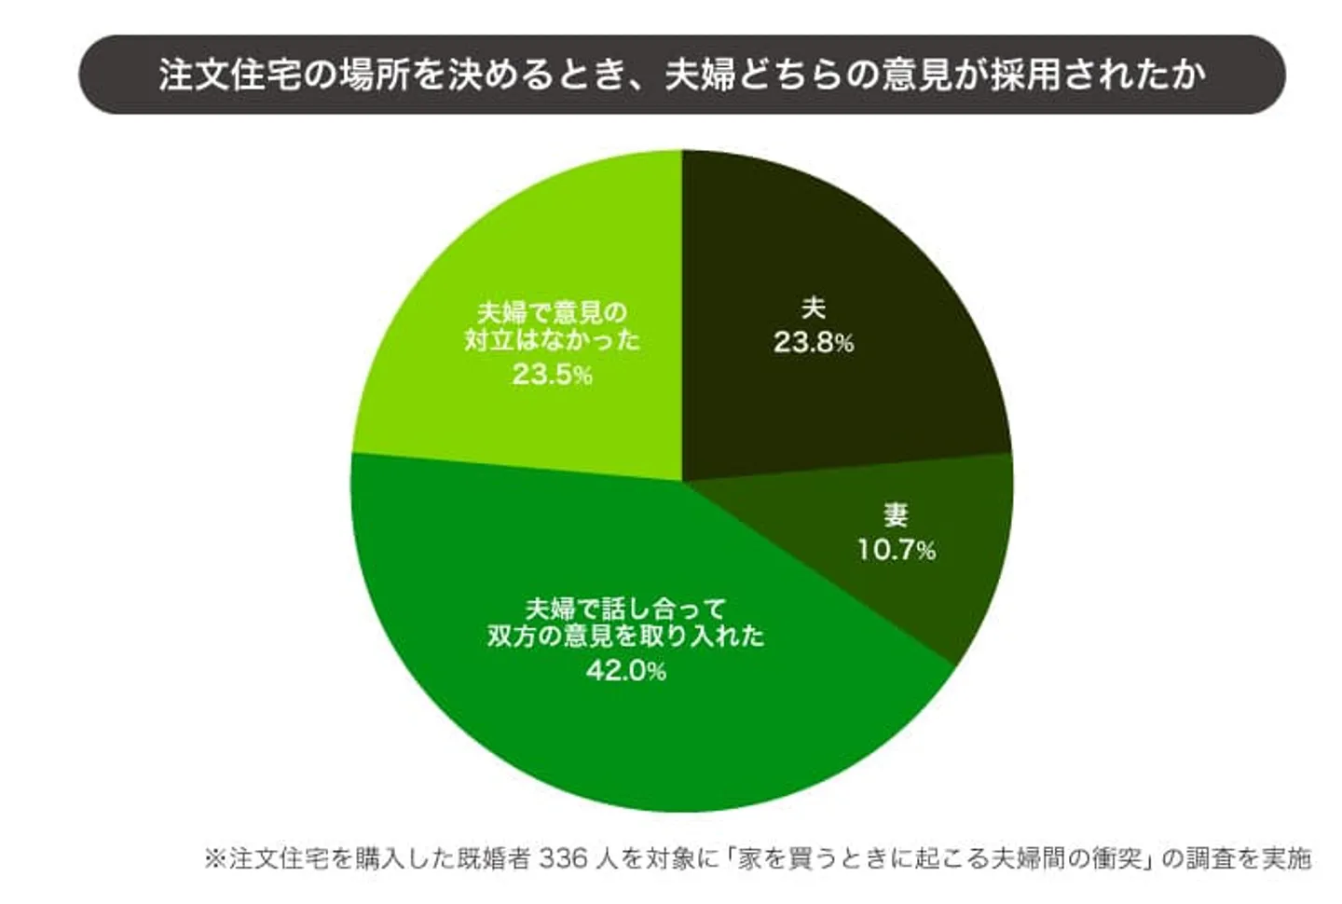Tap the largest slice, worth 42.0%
[559, 727]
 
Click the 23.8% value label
[813, 343]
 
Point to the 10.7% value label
[896, 550]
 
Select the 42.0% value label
[625, 670]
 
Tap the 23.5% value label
[552, 375]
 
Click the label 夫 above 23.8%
[813, 308]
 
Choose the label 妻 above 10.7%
[896, 514]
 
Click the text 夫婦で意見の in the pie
[552, 312]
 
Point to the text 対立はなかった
[552, 339]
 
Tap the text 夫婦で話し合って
[625, 610]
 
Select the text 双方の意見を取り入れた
[625, 637]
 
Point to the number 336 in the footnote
[564, 857]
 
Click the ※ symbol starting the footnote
[215, 857]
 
